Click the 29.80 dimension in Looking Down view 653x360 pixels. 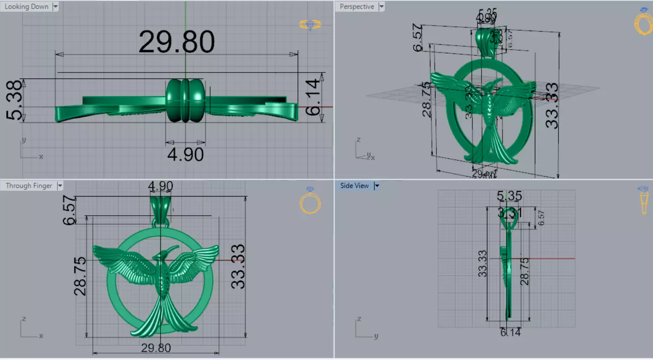coord(176,42)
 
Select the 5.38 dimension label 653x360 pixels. coord(15,100)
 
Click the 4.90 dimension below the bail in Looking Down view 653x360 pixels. coord(185,154)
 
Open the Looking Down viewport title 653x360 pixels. coord(26,7)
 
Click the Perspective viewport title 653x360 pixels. coord(357,7)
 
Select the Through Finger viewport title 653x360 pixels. coord(29,186)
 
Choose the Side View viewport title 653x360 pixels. coord(354,186)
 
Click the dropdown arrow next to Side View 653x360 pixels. coord(377,186)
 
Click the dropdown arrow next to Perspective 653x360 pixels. coord(381,7)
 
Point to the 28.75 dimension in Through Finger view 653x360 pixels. coord(80,276)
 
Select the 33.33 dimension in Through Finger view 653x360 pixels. coord(238,267)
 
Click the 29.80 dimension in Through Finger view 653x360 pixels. coord(156,348)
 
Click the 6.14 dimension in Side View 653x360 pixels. coord(510,333)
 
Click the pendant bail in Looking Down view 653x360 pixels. coord(185,100)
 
